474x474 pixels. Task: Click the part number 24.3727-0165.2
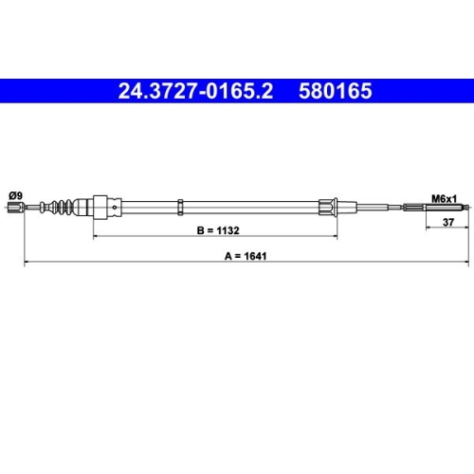click(x=195, y=91)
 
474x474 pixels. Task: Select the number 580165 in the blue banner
click(x=336, y=91)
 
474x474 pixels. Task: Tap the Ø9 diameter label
click(x=16, y=196)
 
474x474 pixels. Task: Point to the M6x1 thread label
click(x=445, y=199)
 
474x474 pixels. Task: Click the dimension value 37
click(x=448, y=223)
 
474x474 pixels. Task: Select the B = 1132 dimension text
click(x=218, y=230)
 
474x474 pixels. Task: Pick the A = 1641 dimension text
click(x=246, y=256)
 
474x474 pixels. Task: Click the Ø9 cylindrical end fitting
click(x=16, y=208)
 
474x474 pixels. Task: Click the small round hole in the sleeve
click(x=115, y=208)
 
